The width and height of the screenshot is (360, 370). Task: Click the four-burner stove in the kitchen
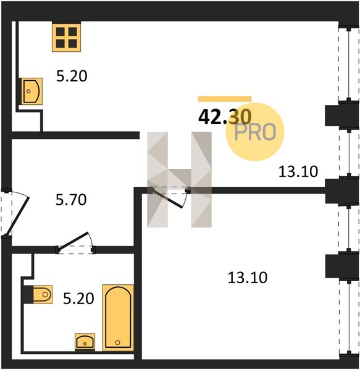tap(66, 36)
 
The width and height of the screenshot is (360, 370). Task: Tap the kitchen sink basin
tap(31, 91)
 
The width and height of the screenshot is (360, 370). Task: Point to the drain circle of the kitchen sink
tap(28, 91)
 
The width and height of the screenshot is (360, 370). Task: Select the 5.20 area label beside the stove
tap(72, 76)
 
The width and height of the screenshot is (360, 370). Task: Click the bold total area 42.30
tap(225, 117)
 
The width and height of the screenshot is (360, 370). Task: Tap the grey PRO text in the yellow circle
tap(256, 132)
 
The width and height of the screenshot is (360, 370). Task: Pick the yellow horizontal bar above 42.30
tap(225, 99)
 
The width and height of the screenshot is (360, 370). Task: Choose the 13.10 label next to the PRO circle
tap(298, 171)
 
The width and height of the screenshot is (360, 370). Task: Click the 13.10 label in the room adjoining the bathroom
tap(248, 277)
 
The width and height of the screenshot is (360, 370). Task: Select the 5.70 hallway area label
tap(71, 200)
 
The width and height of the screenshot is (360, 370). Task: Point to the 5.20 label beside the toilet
tap(78, 298)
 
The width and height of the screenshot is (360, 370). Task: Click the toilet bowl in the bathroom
tap(43, 294)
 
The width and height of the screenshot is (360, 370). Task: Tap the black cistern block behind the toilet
tap(28, 294)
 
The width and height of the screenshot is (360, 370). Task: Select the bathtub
tap(118, 318)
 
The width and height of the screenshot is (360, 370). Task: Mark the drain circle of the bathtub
tap(118, 342)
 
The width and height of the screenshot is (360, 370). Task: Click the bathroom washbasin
tap(85, 342)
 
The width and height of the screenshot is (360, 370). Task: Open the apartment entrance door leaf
tap(18, 216)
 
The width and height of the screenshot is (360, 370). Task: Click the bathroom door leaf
tap(73, 240)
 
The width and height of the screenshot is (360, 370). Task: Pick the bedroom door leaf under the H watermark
tap(167, 198)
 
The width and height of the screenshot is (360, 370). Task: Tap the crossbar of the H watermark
tap(179, 178)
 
